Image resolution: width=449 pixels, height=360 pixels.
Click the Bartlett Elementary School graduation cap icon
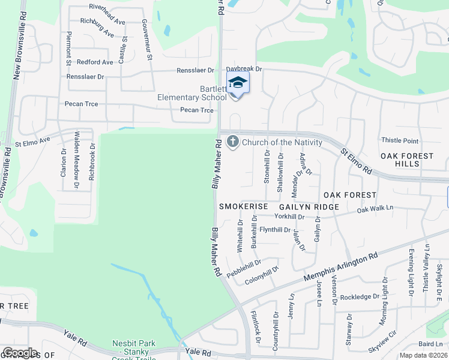click(238, 82)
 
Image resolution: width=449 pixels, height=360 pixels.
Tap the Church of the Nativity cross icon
click(232, 142)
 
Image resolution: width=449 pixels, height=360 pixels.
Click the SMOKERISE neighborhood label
click(243, 206)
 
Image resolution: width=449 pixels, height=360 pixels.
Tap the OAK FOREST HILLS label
click(407, 160)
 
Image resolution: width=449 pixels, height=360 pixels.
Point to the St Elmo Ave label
click(34, 144)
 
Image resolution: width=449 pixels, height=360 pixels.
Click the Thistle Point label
click(400, 140)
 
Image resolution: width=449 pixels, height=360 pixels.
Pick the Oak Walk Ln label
click(375, 209)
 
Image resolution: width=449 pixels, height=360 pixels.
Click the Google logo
click(20, 353)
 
